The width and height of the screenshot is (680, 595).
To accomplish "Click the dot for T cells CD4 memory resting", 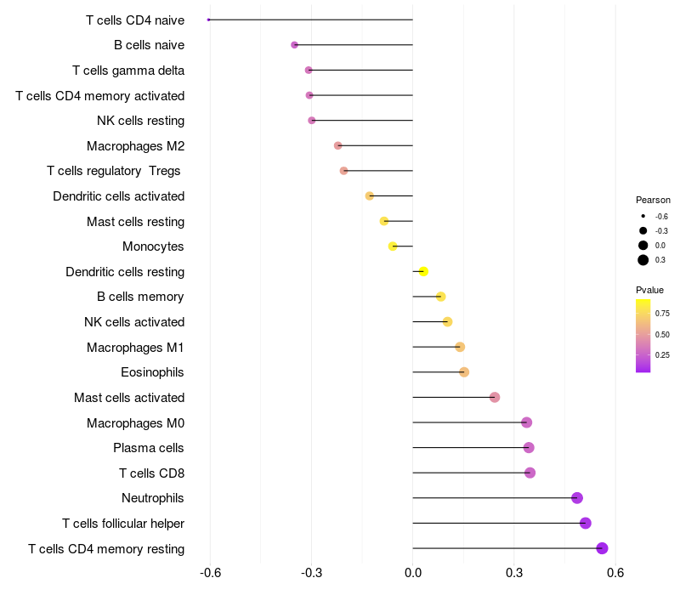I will pos(603,548).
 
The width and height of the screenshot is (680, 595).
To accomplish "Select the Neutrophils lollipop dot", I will pos(577,498).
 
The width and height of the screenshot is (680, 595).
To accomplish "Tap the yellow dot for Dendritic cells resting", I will pos(423,272).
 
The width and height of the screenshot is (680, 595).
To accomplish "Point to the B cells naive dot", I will pos(294,45).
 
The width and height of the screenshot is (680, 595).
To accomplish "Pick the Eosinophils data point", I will pos(464,372).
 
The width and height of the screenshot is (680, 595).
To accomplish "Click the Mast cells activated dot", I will pos(495,398).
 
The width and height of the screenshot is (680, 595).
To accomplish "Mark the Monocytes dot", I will pos(393,246).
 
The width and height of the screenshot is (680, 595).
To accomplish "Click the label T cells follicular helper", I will pos(123,524).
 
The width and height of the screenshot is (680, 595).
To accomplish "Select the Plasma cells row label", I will pos(149,448).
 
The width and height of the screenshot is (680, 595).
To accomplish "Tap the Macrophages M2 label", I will pos(136,146).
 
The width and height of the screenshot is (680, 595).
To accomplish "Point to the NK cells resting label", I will pos(140,121).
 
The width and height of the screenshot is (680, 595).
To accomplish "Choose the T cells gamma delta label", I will pos(128,71).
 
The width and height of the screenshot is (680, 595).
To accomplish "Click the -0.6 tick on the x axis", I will pos(210,574).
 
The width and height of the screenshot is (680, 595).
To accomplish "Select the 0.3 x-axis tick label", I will pos(514,574).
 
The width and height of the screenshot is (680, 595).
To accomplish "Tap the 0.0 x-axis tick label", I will pos(413,574).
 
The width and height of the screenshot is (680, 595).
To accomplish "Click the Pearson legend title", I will pos(653,200).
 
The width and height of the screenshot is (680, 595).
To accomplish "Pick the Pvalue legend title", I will pos(650,290).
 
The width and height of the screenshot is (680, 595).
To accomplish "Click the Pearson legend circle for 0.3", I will pos(643,260).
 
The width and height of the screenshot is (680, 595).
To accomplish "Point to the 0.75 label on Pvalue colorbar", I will pos(662,313).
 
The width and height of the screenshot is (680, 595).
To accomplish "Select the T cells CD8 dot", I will pos(530,473).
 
